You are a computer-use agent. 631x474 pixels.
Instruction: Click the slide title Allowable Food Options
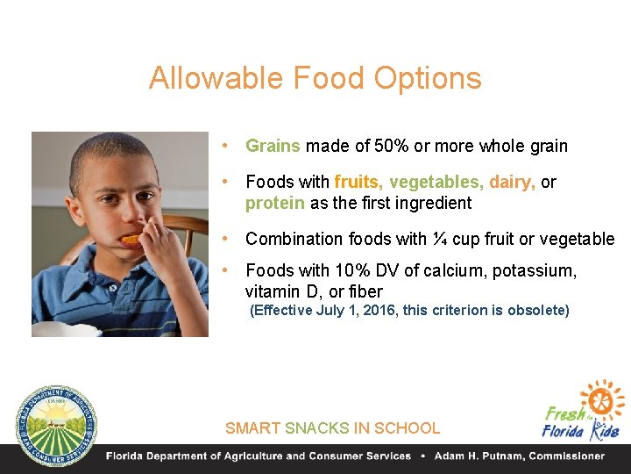[x=315, y=78]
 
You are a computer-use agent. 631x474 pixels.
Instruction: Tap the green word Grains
[x=273, y=147]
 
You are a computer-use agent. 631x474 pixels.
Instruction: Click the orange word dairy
[x=511, y=183]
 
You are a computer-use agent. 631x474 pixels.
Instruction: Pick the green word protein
[x=275, y=204]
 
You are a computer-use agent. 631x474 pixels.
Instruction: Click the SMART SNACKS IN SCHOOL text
[x=332, y=428]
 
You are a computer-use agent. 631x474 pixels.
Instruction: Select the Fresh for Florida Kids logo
[x=582, y=411]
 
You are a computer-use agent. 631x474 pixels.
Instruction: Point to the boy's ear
[x=75, y=211]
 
